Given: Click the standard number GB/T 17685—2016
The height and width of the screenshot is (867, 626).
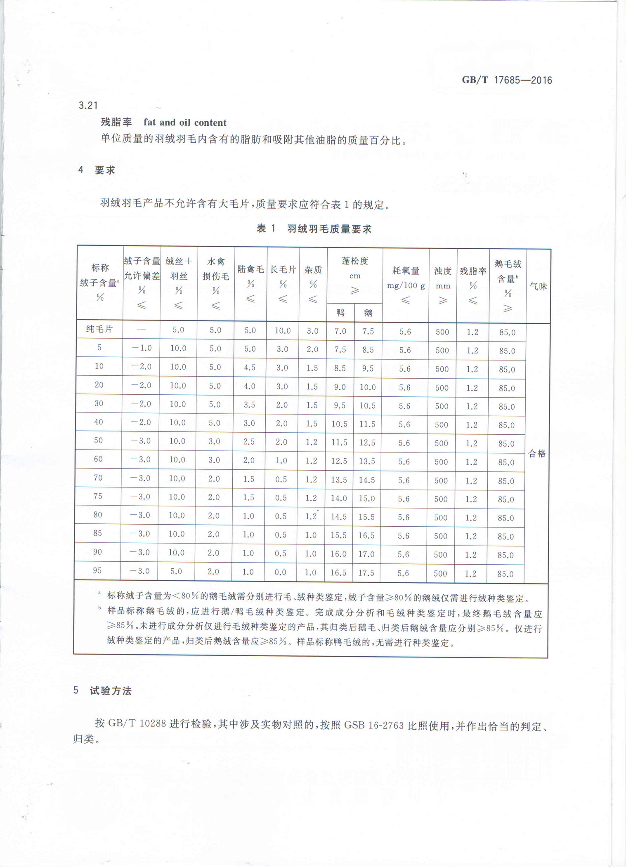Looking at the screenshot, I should tap(507, 80).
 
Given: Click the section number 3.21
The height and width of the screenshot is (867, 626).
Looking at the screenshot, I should tap(88, 106).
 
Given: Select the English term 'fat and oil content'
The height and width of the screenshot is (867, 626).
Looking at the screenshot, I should tap(185, 123).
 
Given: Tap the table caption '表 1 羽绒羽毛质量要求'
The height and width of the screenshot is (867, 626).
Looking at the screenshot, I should tap(314, 229).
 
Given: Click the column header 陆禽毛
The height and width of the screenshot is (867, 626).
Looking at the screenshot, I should tap(250, 270).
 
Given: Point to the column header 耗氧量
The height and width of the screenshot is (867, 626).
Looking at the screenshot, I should tap(406, 271).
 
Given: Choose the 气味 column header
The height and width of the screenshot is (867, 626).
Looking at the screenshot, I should tap(538, 286).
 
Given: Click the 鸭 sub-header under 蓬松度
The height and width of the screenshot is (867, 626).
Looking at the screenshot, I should tap(340, 313).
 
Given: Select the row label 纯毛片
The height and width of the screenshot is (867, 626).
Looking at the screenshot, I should tap(99, 329).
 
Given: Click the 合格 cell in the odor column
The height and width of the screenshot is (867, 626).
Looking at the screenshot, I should tap(537, 454).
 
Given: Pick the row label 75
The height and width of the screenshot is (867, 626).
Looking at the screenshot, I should tap(98, 496).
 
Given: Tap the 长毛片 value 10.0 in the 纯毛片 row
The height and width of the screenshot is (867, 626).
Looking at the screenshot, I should tap(283, 331).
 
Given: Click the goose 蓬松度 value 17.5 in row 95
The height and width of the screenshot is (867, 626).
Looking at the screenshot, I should tap(366, 573).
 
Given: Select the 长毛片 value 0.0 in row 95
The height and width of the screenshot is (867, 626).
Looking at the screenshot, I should tap(281, 572).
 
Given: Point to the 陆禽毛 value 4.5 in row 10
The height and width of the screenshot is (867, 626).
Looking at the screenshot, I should tap(250, 367).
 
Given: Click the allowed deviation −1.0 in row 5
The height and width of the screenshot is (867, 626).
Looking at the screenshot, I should tap(142, 348).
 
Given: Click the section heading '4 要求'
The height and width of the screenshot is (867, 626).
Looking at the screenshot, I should tap(97, 170).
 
